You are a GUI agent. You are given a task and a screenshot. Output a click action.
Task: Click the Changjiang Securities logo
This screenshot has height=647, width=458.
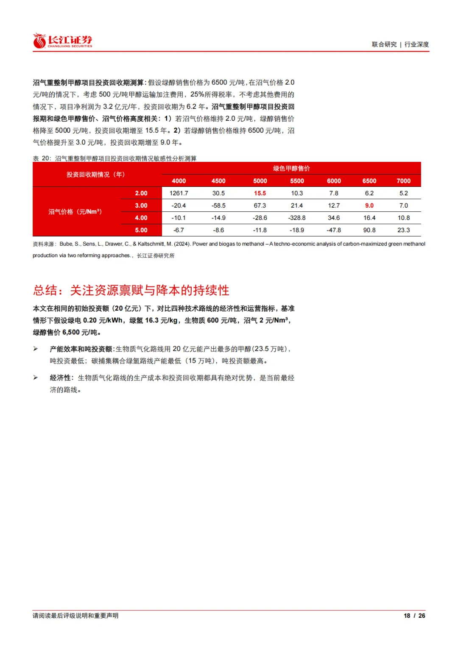(x=62, y=41)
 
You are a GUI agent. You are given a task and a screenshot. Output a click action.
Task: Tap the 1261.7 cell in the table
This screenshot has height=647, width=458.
(x=179, y=193)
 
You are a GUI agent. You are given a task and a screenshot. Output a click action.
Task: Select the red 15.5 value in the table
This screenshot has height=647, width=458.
(x=260, y=193)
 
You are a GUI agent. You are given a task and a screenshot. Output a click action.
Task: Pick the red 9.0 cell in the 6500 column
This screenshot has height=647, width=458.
(x=369, y=205)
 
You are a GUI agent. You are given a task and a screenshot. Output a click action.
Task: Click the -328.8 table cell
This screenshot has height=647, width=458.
(x=297, y=218)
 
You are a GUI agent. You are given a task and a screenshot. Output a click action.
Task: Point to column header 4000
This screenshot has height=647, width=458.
(x=179, y=181)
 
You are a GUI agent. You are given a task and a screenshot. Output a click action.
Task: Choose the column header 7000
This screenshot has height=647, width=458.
(x=403, y=181)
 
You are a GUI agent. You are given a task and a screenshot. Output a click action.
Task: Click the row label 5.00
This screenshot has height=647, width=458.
(x=141, y=230)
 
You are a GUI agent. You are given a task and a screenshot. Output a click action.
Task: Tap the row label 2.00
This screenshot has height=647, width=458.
(x=141, y=193)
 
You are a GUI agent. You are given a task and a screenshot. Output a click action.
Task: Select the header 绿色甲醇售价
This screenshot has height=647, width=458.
(x=291, y=168)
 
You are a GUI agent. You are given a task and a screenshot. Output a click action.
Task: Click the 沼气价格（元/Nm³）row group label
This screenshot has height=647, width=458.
(x=75, y=212)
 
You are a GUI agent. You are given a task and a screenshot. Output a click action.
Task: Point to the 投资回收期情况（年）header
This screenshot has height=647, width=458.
(x=95, y=175)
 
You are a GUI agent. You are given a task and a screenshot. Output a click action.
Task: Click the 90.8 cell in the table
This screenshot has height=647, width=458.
(x=369, y=230)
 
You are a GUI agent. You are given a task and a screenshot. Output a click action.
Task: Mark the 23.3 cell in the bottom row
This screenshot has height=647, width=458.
(x=403, y=230)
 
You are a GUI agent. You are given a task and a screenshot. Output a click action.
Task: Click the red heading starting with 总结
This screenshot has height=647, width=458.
(x=131, y=290)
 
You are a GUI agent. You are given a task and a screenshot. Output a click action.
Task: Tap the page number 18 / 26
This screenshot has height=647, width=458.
(x=414, y=616)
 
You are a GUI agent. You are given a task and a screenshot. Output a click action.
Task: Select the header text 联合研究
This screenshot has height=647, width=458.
(x=384, y=44)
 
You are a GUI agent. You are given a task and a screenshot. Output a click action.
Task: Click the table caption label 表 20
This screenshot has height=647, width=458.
(x=42, y=158)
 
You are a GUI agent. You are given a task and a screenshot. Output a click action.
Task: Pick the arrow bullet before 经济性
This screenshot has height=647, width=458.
(x=36, y=378)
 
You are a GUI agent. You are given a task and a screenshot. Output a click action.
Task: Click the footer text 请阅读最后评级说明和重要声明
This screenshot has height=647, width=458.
(x=75, y=616)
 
